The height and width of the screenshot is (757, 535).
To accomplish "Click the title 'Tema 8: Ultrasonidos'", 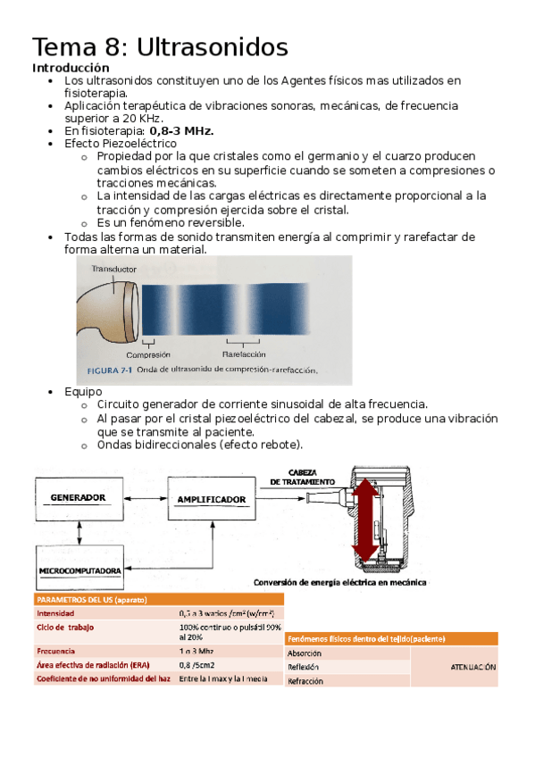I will tap(160, 46).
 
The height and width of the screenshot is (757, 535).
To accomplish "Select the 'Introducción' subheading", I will tap(71, 68).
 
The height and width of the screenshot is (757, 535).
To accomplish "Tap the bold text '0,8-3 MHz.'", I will tap(181, 130).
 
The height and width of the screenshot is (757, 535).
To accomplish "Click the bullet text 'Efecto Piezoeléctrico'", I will tap(121, 143).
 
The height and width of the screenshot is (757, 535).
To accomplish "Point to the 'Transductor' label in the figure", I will tap(113, 269).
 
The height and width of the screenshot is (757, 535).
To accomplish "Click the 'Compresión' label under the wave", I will tap(148, 354).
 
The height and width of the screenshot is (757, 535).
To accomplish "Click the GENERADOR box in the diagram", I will tap(79, 497).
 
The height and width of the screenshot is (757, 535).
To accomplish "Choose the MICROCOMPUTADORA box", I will tap(80, 570).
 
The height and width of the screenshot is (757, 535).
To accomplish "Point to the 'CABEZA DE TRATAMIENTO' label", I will tap(305, 477).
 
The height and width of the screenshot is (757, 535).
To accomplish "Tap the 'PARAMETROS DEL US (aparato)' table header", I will tap(91, 599).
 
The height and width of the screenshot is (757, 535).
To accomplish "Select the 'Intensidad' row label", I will tap(55, 613).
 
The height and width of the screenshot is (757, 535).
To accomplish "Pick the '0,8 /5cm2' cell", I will tap(197, 664).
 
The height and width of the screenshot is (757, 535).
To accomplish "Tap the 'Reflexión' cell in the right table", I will tap(304, 667).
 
